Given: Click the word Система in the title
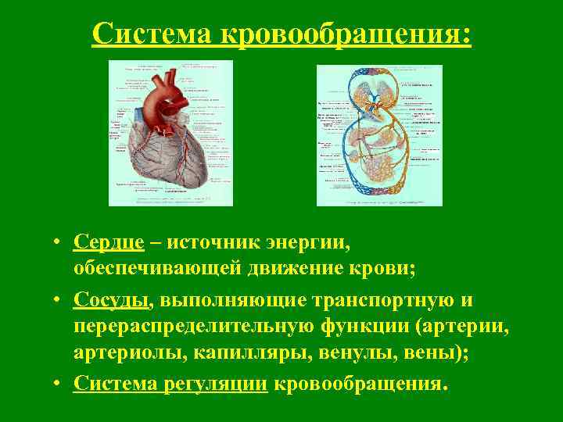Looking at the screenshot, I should point(153,34).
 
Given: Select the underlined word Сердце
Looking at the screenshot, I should point(109,241).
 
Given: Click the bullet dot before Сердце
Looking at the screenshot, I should point(59,242).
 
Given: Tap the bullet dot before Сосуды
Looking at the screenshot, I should point(59,301).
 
